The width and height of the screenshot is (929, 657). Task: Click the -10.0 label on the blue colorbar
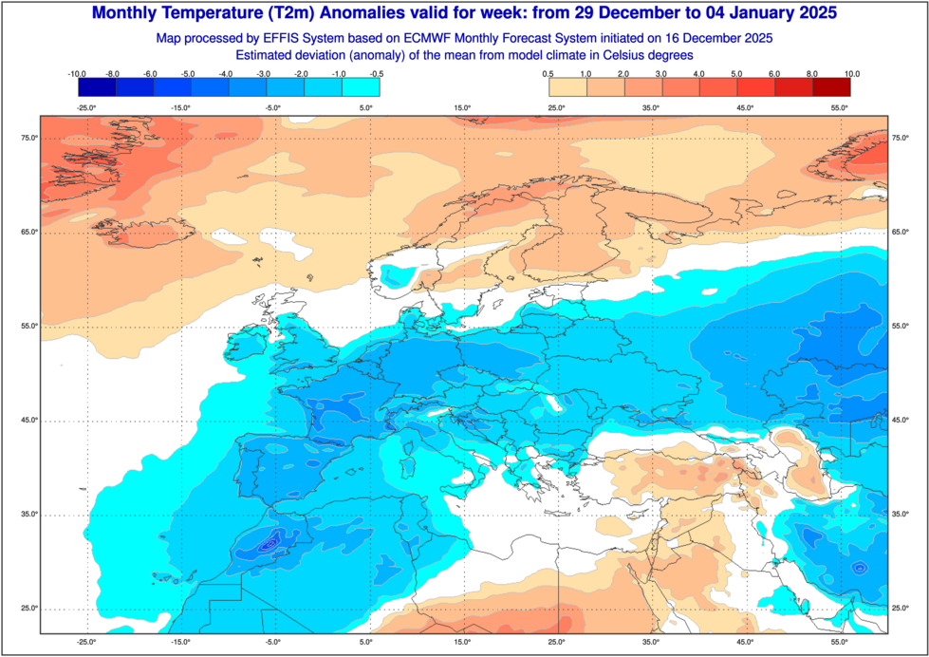[x=78, y=73]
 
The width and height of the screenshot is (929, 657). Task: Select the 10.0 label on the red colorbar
[x=851, y=73]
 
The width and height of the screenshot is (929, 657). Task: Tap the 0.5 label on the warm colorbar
[x=549, y=73]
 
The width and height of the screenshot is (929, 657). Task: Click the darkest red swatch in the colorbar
[x=832, y=87]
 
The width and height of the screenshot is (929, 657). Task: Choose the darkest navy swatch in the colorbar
[x=97, y=87]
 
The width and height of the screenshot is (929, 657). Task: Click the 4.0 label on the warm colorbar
[x=699, y=73]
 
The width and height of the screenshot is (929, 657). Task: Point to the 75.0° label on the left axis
[x=29, y=139]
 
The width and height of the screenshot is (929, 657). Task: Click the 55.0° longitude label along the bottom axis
[x=840, y=643]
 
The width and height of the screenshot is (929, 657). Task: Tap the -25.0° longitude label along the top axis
[x=86, y=108]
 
